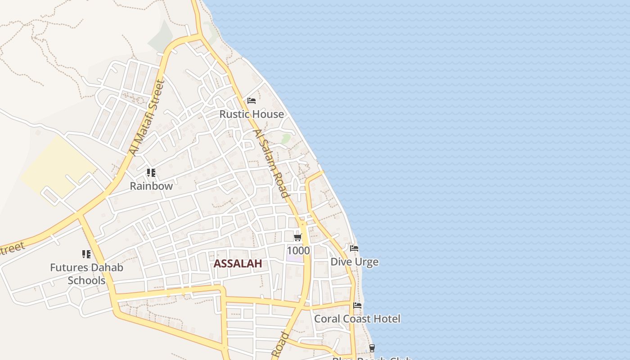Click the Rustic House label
point(252,114)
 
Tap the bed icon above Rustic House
point(252,101)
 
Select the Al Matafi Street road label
point(146,118)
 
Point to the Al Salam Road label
point(270,164)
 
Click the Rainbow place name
point(151,186)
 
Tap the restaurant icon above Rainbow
point(151,173)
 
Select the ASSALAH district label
point(238,264)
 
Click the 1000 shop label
point(298,251)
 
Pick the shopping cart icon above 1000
point(297,238)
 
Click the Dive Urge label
point(354,262)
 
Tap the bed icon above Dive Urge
point(354,248)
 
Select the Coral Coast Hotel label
point(357,319)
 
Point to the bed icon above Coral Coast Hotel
point(357,306)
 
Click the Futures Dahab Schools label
point(86,274)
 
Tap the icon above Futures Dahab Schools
point(86,255)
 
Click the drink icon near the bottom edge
point(372,348)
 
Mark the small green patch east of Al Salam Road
point(286,138)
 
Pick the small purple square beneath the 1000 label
point(295,258)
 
